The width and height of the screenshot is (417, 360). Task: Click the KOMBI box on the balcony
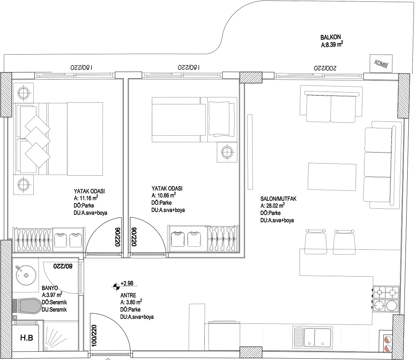(x=381, y=63)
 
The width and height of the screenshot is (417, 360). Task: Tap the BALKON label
(x=330, y=37)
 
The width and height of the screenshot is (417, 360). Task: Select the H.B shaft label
(x=26, y=337)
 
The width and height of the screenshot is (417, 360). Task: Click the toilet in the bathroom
(x=27, y=306)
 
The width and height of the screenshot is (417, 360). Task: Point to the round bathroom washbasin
(x=26, y=275)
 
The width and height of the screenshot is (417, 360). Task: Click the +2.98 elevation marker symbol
(x=116, y=286)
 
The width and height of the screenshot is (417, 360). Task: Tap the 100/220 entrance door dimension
(x=94, y=335)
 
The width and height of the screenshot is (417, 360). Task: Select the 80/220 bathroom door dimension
(x=63, y=266)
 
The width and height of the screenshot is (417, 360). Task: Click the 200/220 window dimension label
(x=325, y=68)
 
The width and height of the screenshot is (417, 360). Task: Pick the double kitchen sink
(x=312, y=337)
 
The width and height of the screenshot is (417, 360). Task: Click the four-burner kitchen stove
(x=386, y=299)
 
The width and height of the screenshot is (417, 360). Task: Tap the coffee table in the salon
(x=332, y=177)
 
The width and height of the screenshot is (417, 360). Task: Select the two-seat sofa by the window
(x=331, y=104)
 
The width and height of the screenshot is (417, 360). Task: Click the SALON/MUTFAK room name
(x=278, y=199)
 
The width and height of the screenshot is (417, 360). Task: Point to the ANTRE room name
(x=128, y=295)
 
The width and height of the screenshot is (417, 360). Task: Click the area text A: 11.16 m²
(x=86, y=198)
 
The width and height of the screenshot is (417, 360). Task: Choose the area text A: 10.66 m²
(x=164, y=195)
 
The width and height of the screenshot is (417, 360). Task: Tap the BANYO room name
(x=50, y=288)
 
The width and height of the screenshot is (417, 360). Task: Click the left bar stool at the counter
(x=316, y=242)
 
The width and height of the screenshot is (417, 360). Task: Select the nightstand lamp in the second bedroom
(x=227, y=152)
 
